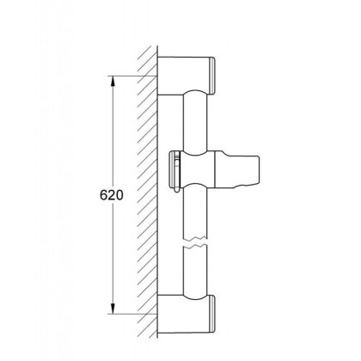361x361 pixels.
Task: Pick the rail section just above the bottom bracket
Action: coord(195,271)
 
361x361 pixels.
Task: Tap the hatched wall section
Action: coord(147,189)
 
